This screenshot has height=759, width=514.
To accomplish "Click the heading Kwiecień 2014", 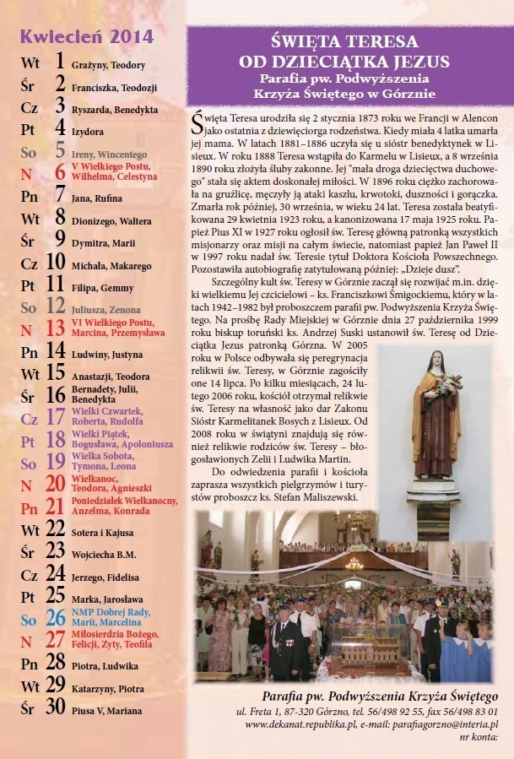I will [87, 35].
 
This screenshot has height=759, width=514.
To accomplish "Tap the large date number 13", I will [55, 328].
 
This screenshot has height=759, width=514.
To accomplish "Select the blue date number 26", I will [55, 618].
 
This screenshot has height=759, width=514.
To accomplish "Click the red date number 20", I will [55, 485].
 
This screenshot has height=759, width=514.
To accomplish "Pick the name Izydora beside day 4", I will [89, 132].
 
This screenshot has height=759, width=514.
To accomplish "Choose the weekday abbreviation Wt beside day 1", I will [30, 63].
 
